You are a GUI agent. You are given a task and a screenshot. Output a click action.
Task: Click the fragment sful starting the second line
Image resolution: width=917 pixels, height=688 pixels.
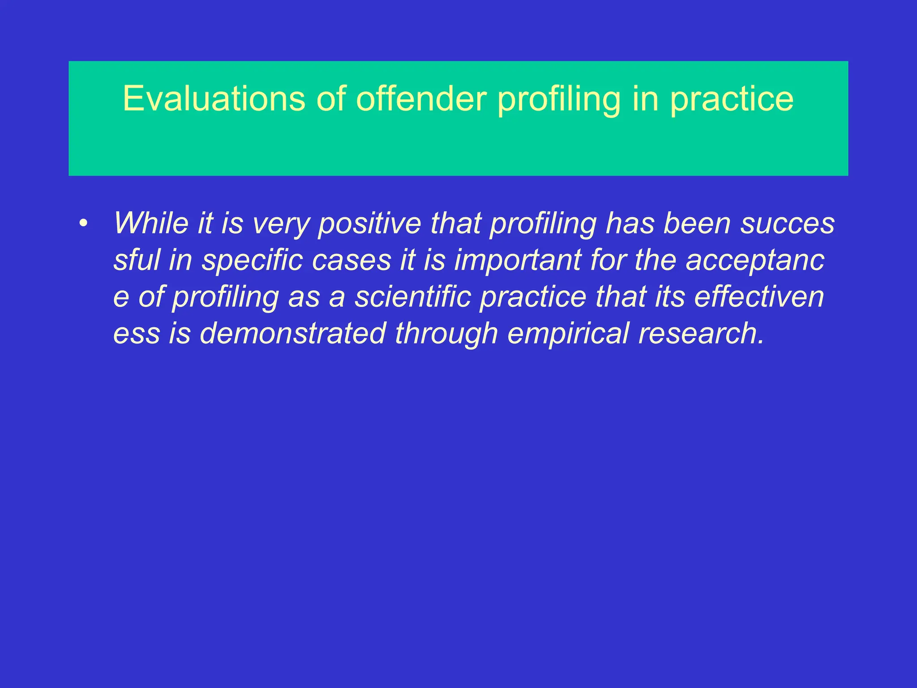point(137,260)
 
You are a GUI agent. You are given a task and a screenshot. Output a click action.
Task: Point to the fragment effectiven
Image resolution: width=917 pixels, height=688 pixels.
point(759,297)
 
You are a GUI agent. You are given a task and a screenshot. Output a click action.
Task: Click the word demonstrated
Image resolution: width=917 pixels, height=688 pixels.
point(292,334)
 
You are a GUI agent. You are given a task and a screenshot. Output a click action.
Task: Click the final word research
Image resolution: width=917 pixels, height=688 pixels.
point(701,334)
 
